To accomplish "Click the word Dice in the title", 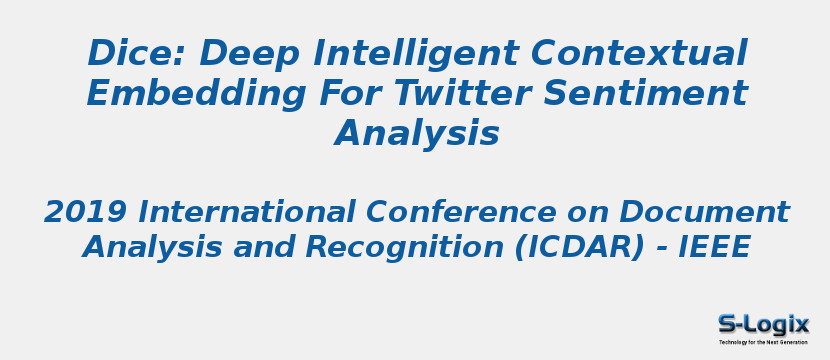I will pos(119,53).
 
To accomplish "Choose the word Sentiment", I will pos(645,93).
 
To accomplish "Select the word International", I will pos(246,212).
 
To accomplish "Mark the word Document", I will pos(704,212).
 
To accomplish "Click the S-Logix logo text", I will pos(763,324).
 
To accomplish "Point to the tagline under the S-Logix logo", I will pos(763,342).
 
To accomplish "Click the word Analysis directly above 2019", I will pos(417,133).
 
